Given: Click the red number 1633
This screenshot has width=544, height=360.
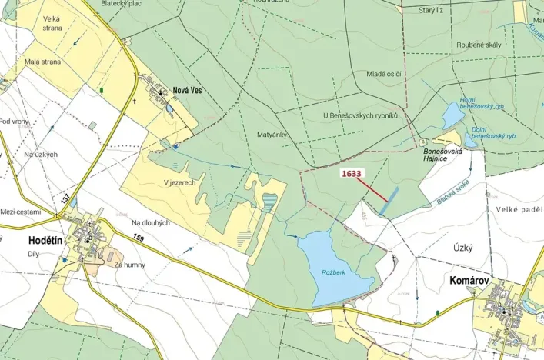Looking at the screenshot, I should click(x=351, y=174).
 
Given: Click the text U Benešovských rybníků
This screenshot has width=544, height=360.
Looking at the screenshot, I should click(x=361, y=115).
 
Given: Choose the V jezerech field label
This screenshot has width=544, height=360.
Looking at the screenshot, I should click(x=179, y=183).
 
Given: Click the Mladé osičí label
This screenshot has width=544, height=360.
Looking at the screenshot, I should click(x=384, y=74).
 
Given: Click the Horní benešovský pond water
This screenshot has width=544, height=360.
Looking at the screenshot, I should click(x=452, y=115).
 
